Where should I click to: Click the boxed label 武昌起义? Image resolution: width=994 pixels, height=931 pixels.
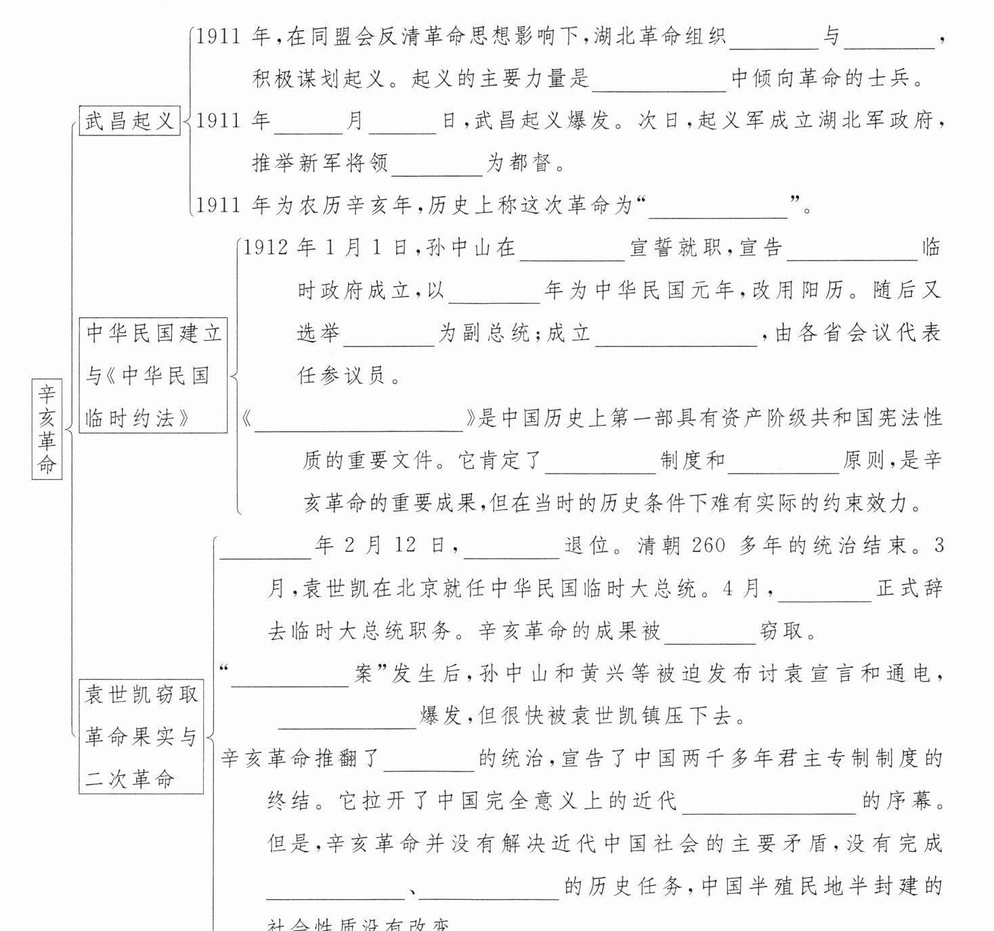click(x=129, y=121)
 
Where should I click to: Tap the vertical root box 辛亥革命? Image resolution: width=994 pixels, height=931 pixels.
click(x=47, y=429)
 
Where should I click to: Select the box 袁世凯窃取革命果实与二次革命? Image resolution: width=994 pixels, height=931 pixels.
click(x=141, y=736)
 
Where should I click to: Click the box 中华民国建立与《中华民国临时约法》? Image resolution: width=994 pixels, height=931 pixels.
click(x=153, y=376)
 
